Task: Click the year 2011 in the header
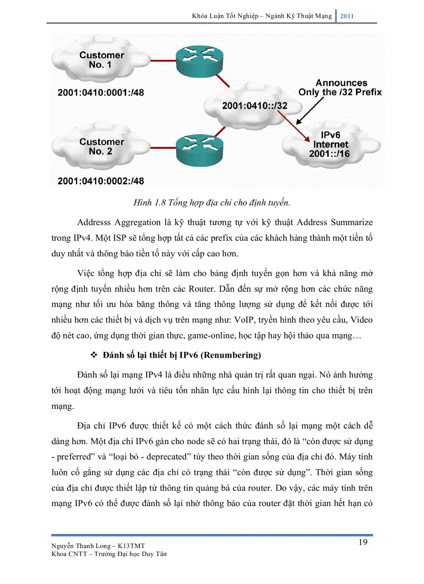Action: coord(347,16)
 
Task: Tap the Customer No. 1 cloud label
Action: coord(101,60)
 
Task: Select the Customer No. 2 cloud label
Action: coord(101,146)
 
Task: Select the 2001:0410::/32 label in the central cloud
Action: coord(255,106)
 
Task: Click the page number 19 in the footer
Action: coord(363,542)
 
